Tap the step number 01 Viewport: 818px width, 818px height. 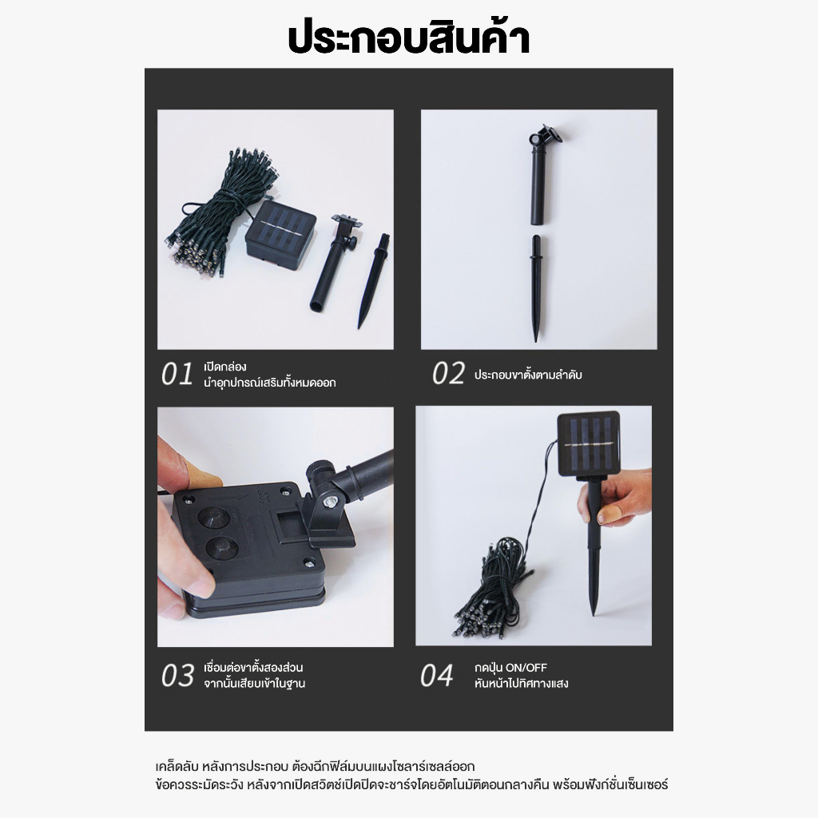point(177,374)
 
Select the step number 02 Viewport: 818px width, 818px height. point(448,374)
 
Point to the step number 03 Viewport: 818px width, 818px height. point(177,676)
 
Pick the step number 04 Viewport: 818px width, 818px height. point(437,676)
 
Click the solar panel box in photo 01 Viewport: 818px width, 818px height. point(280,233)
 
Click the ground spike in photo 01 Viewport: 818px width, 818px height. point(374,280)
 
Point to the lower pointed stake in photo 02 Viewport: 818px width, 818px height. point(536,288)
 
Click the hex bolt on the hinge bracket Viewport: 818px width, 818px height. point(329,502)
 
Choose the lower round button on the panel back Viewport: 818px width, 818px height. point(222,548)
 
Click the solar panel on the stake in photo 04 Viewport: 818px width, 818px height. point(589,443)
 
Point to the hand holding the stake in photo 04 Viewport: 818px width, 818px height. point(616,497)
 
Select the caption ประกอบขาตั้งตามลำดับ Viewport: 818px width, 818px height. point(528,375)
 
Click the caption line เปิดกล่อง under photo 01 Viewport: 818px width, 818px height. point(224,367)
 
